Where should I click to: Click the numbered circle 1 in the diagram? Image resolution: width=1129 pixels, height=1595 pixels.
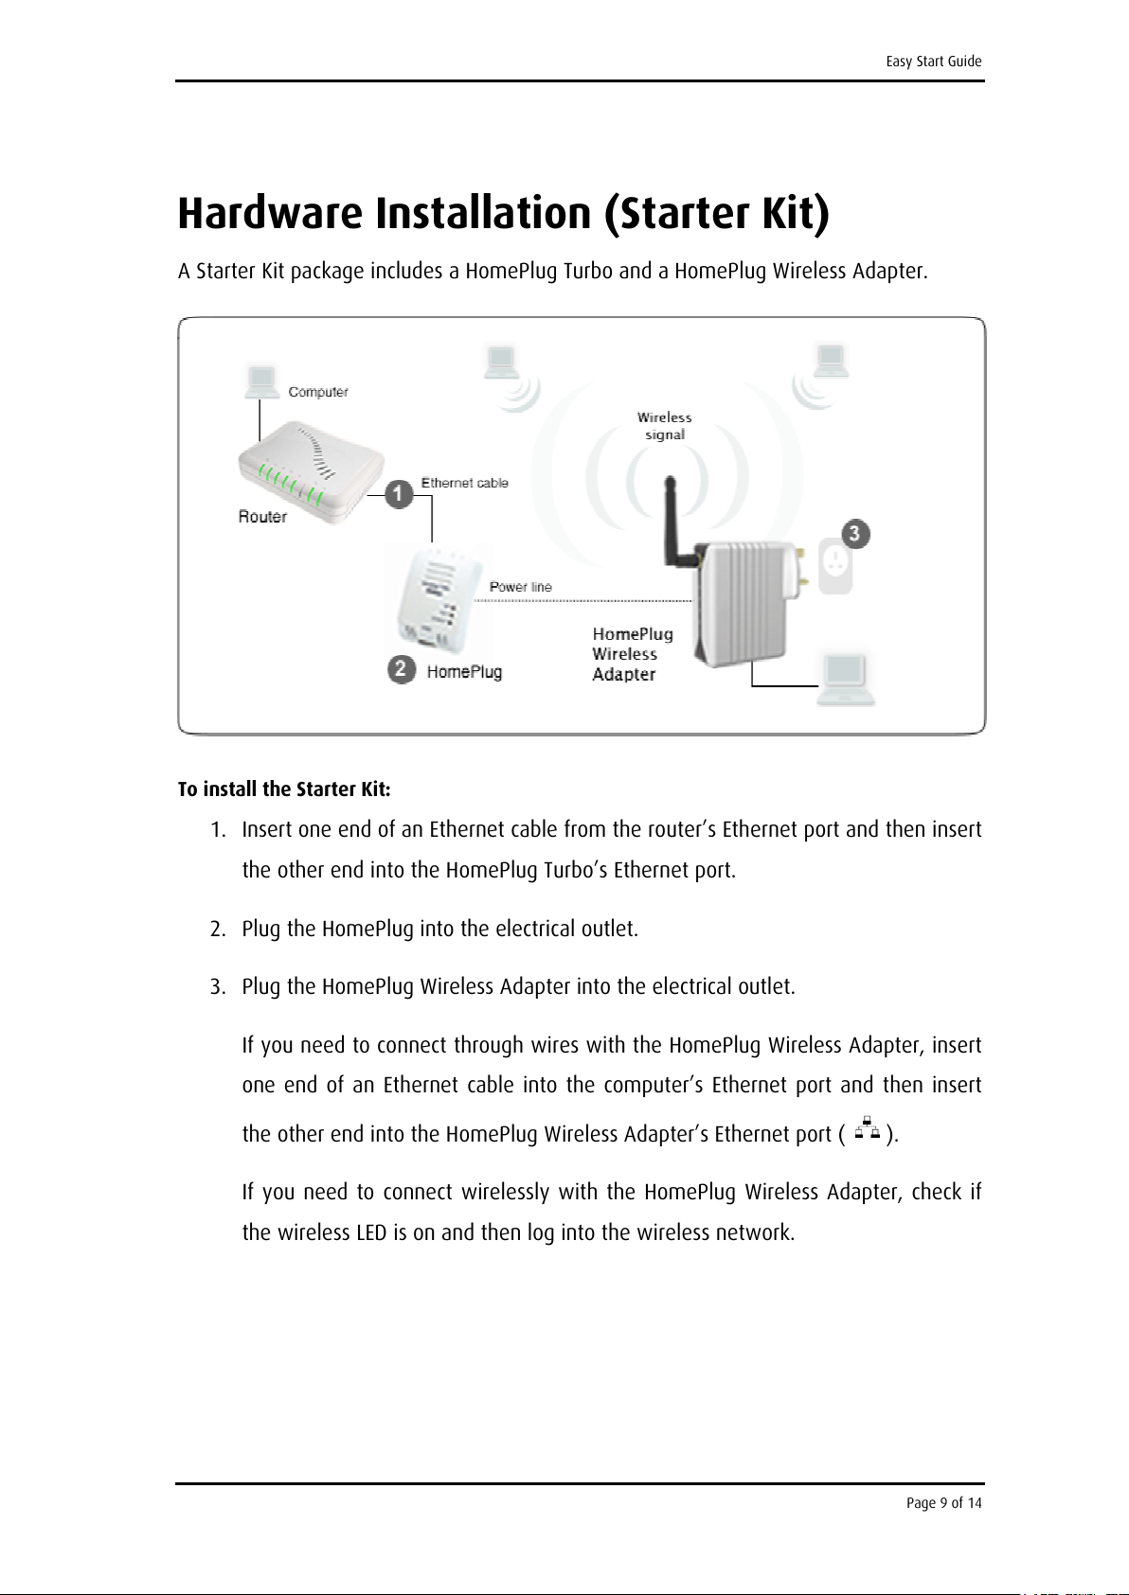399,493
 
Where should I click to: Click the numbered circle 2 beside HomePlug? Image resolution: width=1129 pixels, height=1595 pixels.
402,669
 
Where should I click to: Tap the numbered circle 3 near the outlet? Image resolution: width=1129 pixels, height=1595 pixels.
854,534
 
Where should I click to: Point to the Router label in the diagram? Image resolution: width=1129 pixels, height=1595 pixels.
262,517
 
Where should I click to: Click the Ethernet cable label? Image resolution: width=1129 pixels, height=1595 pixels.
464,483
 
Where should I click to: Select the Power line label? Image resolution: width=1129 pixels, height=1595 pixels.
520,587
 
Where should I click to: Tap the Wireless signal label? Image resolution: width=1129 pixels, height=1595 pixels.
664,426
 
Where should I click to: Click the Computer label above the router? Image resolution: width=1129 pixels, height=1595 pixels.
318,392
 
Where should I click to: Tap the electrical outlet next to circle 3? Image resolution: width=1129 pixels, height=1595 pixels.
835,567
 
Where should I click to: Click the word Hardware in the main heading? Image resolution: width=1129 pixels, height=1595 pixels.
271,213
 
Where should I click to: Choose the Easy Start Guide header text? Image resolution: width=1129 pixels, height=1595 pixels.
933,62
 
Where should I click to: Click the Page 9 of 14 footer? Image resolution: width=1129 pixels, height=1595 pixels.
943,1503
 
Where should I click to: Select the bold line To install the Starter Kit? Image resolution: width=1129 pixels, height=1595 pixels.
284,789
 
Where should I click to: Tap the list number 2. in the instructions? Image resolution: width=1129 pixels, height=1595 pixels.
218,930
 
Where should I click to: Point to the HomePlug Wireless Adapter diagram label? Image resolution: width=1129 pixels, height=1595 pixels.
632,654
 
